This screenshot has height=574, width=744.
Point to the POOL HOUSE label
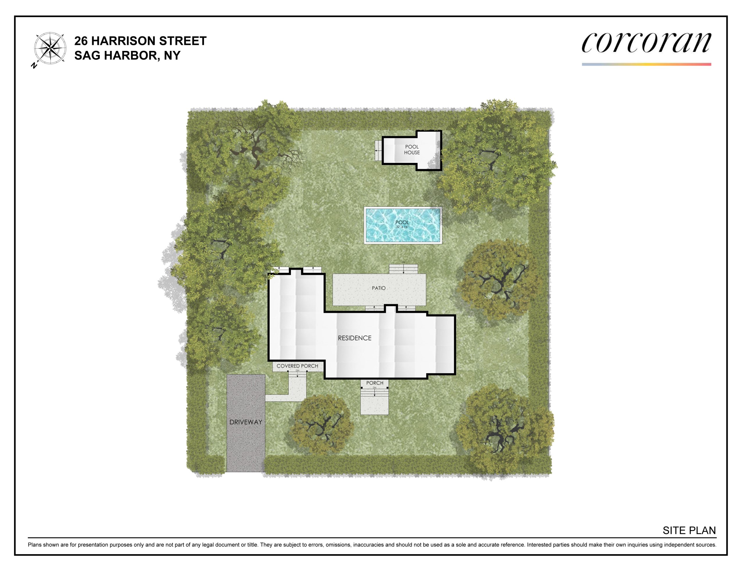coord(412,150)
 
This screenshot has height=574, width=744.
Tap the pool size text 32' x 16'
coord(402,227)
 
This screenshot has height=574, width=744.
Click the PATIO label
coord(378,288)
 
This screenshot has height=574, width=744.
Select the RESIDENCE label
coord(355,338)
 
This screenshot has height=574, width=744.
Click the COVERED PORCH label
coord(297,366)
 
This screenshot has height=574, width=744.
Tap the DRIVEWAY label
coord(246,422)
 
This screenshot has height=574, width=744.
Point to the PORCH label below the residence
coord(375,383)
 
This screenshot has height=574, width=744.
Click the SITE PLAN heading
coord(689,530)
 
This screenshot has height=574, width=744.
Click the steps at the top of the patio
coord(403,269)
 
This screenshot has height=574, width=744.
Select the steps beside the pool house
coord(378,150)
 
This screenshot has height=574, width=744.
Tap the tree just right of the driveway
coord(321,425)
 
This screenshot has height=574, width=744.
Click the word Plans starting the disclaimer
coord(35,545)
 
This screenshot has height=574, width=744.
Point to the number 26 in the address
coord(81,41)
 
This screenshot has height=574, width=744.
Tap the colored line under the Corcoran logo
coord(646,64)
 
